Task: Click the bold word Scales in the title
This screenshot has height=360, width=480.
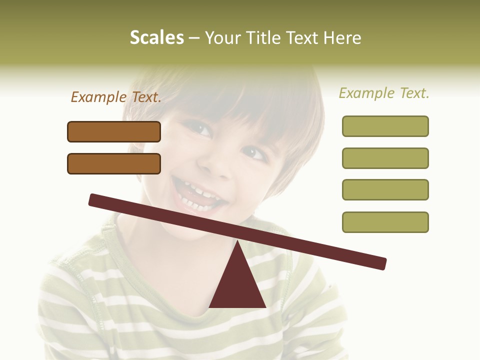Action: [x=156, y=38]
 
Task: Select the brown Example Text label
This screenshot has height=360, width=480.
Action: [x=116, y=97]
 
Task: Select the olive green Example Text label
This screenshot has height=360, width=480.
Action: [x=384, y=93]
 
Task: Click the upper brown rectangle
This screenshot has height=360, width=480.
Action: [x=114, y=131]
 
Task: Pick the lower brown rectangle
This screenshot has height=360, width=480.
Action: [x=114, y=163]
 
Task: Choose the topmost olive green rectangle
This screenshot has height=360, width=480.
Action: [x=385, y=126]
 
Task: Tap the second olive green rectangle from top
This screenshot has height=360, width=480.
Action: [x=385, y=158]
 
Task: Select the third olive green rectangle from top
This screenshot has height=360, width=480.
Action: [x=385, y=189]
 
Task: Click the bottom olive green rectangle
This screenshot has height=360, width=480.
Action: [x=385, y=222]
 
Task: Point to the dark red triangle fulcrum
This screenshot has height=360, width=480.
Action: [x=237, y=285]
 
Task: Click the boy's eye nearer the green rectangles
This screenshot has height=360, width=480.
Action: [x=255, y=152]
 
